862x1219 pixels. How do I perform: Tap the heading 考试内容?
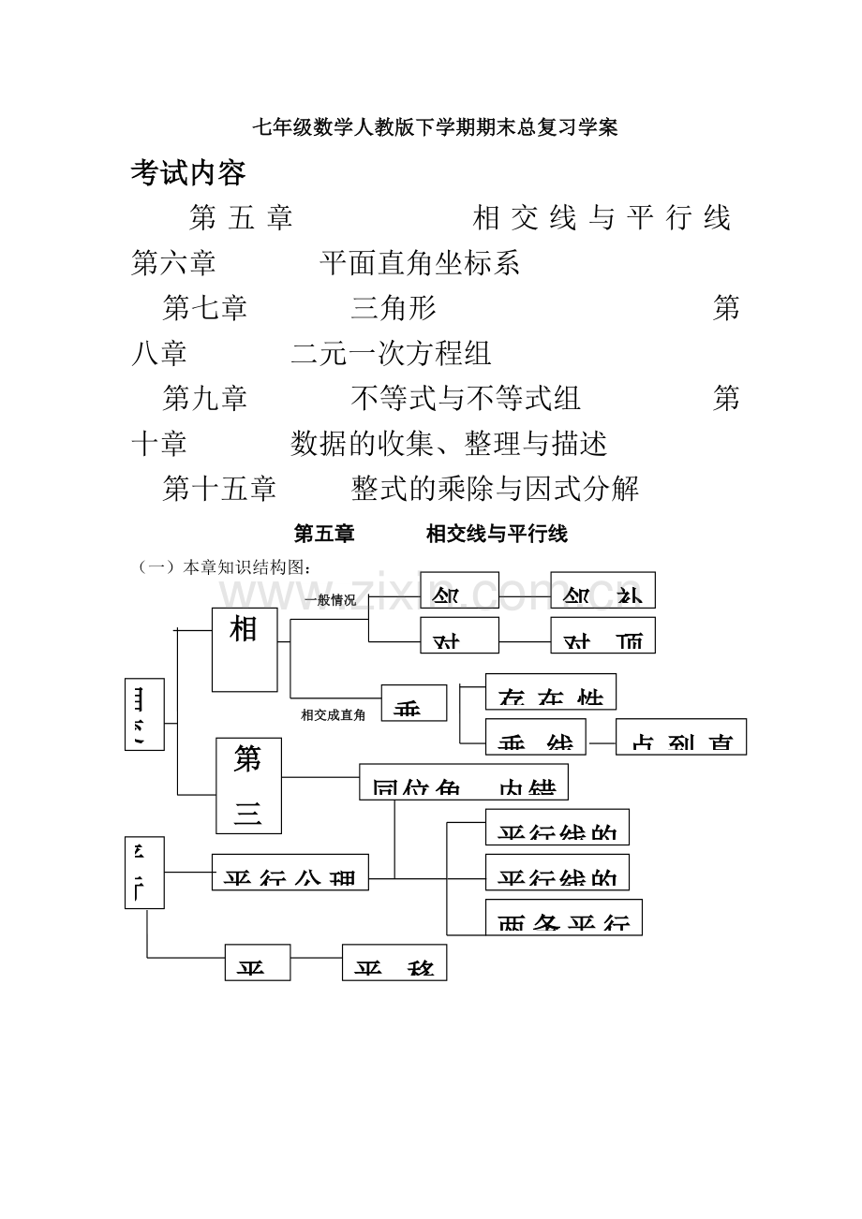pyautogui.click(x=188, y=172)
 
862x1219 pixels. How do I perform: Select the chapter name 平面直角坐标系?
pyautogui.click(x=419, y=263)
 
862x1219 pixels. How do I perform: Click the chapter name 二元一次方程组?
pyautogui.click(x=391, y=353)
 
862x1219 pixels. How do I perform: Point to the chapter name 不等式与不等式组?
pyautogui.click(x=466, y=398)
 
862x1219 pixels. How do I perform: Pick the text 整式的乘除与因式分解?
pyautogui.click(x=495, y=488)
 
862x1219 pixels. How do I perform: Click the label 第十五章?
pyautogui.click(x=219, y=488)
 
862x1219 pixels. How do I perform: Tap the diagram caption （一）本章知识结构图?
pyautogui.click(x=224, y=567)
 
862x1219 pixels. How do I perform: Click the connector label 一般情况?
pyautogui.click(x=330, y=600)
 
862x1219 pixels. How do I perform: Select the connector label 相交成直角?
pyautogui.click(x=333, y=715)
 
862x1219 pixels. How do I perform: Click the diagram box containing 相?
pyautogui.click(x=245, y=649)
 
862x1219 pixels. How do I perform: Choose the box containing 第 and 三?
pyautogui.click(x=248, y=786)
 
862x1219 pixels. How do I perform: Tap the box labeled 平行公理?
pyautogui.click(x=290, y=872)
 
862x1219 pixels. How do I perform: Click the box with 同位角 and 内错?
pyautogui.click(x=464, y=782)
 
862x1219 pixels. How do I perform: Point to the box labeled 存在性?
pyautogui.click(x=550, y=692)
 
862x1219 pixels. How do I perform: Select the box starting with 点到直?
pyautogui.click(x=681, y=737)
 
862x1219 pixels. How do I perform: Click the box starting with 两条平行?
pyautogui.click(x=564, y=917)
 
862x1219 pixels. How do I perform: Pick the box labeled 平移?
pyautogui.click(x=394, y=962)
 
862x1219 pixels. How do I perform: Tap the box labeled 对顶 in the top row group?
pyautogui.click(x=602, y=635)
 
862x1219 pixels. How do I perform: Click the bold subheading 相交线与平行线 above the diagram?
pyautogui.click(x=497, y=535)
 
